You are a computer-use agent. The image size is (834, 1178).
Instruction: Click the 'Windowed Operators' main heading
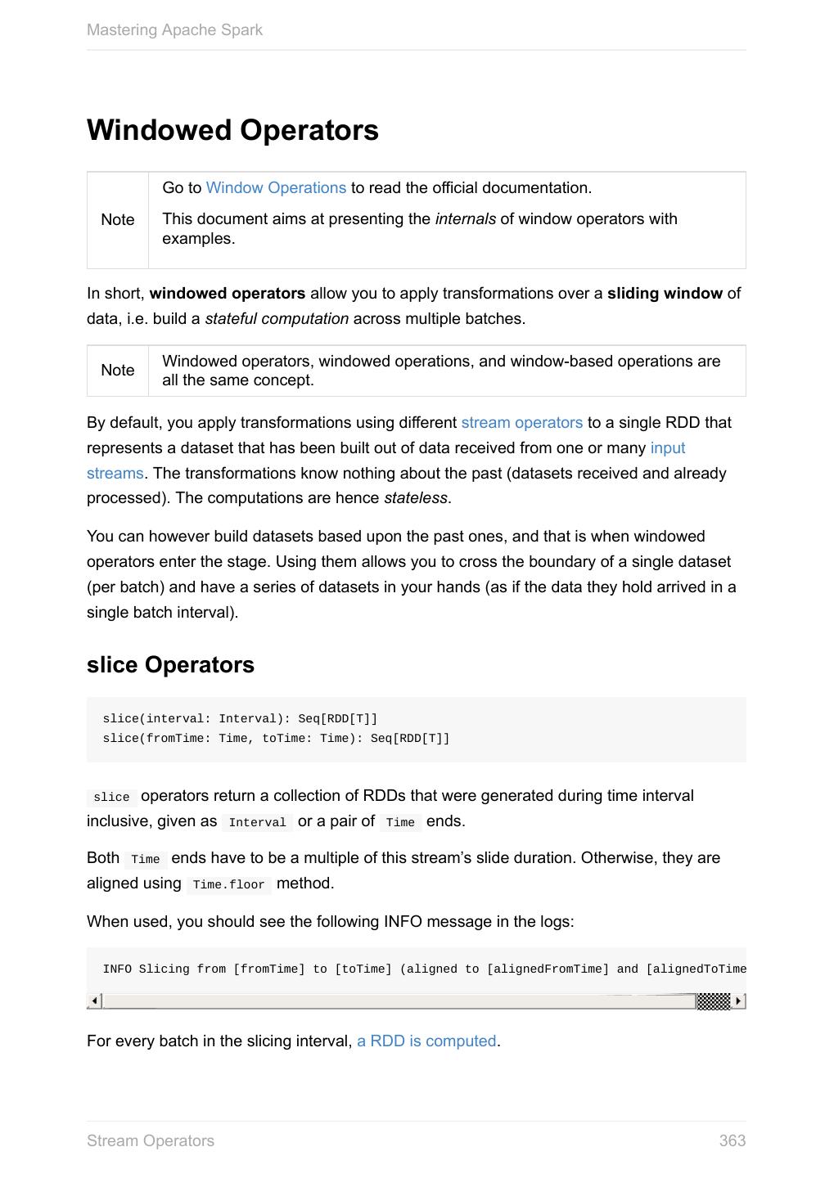coord(232,131)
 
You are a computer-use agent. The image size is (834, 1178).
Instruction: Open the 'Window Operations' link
coord(276,188)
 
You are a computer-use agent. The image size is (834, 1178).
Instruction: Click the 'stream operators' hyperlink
coord(521,423)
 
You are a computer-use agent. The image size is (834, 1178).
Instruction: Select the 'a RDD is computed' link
coord(426,1041)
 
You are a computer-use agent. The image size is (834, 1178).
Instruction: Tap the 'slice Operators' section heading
coord(170,665)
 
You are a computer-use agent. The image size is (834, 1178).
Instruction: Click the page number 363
coord(732,1141)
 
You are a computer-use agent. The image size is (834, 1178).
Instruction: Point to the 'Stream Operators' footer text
coord(151,1141)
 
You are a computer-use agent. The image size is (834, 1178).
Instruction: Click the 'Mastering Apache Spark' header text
coord(174,30)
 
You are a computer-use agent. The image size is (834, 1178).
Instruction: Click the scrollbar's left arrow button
coord(95,1001)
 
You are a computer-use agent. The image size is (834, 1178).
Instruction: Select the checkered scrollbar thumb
coord(713,1001)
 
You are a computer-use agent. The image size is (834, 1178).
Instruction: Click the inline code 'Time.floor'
coord(228,885)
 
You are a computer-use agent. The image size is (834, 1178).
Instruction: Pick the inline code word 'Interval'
coord(257,823)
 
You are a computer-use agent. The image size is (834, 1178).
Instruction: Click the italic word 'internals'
coord(465,219)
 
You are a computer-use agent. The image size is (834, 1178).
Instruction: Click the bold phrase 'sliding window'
coord(665,294)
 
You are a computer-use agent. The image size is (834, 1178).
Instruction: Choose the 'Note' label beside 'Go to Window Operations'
coord(118,220)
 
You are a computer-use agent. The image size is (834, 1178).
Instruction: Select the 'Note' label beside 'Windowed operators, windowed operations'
coord(118,371)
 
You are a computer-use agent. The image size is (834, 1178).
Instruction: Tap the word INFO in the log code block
coord(117,969)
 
